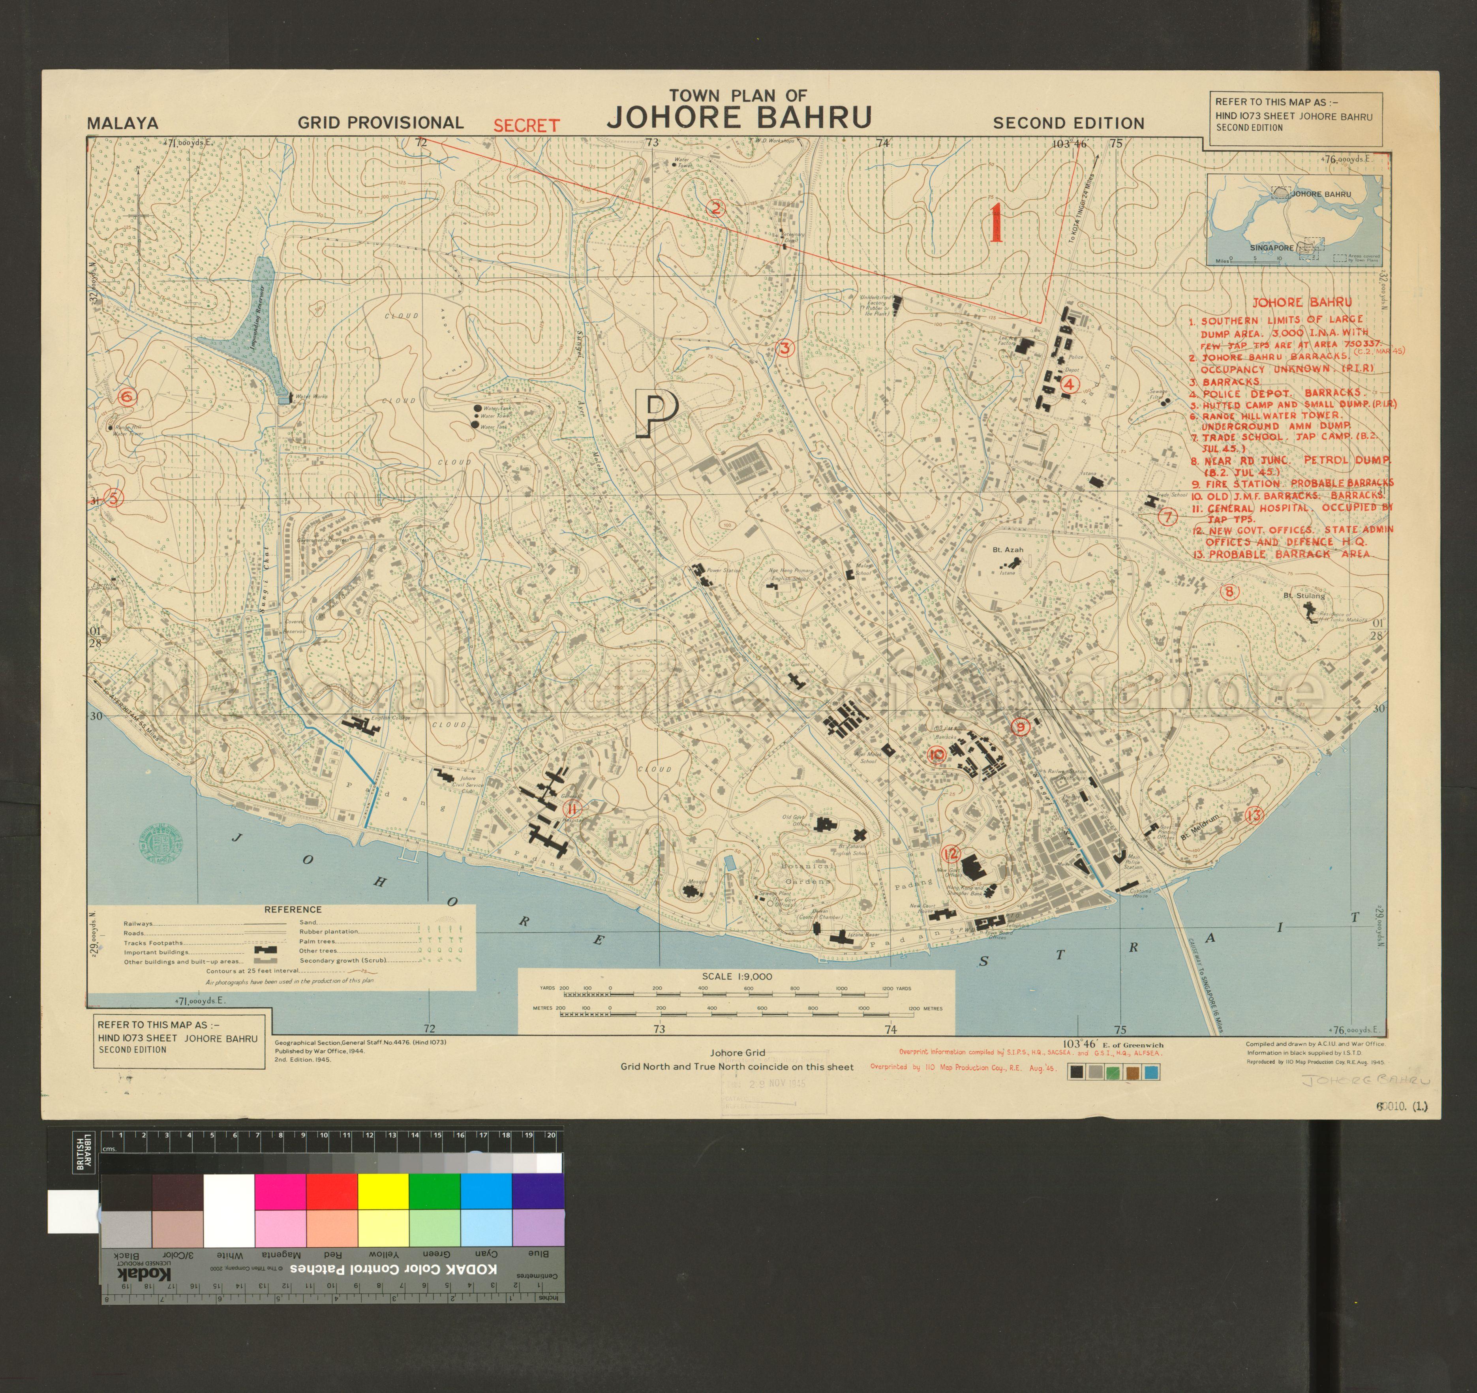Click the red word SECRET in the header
526,126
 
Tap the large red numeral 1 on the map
996,223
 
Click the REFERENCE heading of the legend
293,909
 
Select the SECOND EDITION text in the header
1068,123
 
